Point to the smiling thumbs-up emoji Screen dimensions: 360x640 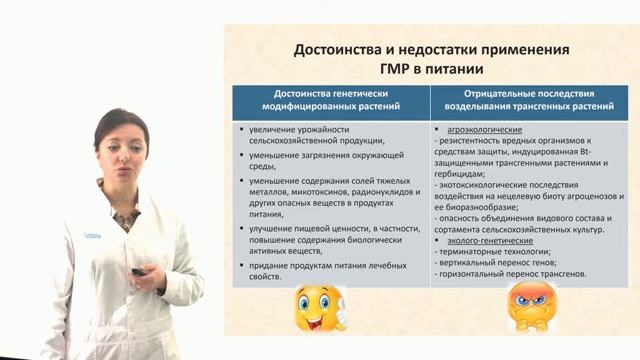[319, 306]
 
